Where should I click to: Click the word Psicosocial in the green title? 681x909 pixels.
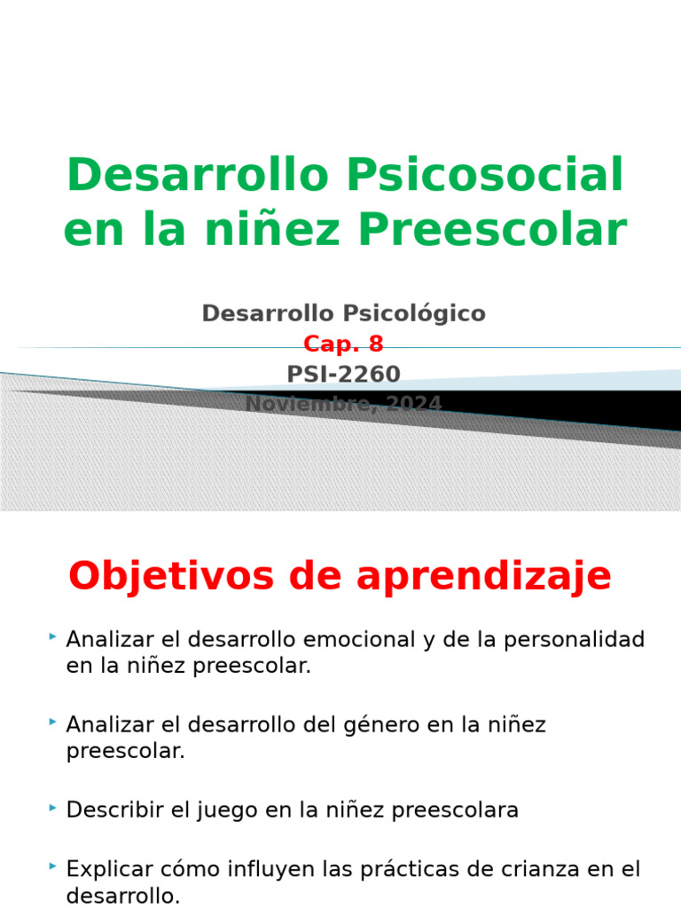point(485,176)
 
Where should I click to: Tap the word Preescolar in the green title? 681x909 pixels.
point(493,230)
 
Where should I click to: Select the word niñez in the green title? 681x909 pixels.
point(272,230)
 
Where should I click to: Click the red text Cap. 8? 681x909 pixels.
point(343,344)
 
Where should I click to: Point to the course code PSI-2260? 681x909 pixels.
point(343,375)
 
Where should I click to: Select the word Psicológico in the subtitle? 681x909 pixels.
point(415,313)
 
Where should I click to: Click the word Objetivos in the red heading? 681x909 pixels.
point(171,577)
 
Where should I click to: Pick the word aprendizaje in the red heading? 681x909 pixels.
point(483,577)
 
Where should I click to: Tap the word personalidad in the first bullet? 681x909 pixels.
point(574,639)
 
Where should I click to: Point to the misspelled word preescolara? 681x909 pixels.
point(455,810)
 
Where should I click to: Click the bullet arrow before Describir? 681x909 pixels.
point(52,807)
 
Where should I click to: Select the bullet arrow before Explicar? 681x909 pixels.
point(52,866)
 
